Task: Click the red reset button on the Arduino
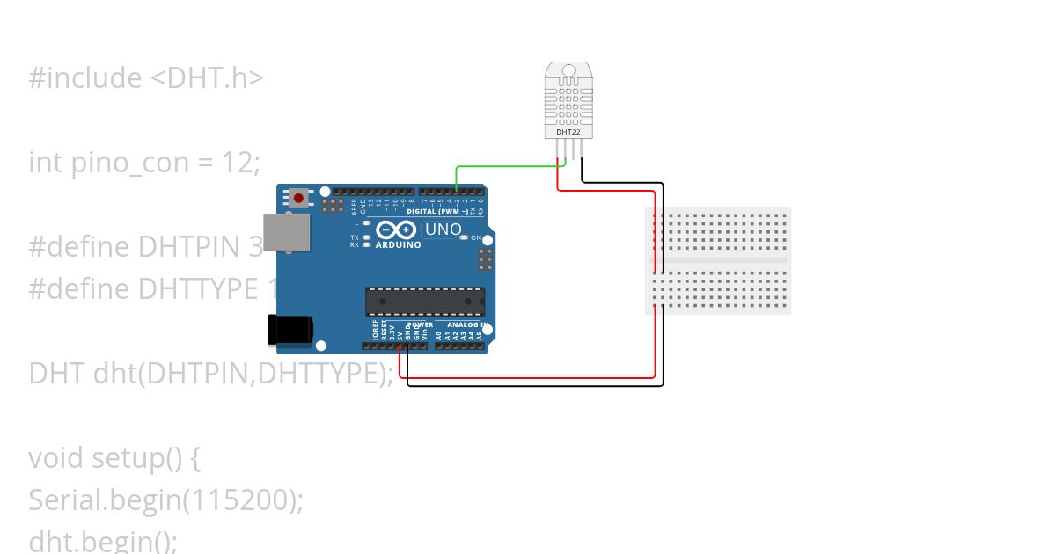(x=299, y=198)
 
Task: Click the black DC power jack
(x=290, y=329)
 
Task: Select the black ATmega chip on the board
(x=425, y=301)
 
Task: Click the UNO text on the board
(x=444, y=230)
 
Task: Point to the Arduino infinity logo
(x=397, y=230)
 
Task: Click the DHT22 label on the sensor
(x=568, y=132)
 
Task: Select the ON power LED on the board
(x=465, y=238)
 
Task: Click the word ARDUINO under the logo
(x=398, y=244)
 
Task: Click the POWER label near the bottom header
(x=421, y=324)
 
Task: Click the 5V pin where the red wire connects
(x=400, y=346)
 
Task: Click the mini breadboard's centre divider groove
(x=718, y=260)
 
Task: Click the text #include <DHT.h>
(x=146, y=78)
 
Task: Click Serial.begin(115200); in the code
(x=165, y=499)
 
